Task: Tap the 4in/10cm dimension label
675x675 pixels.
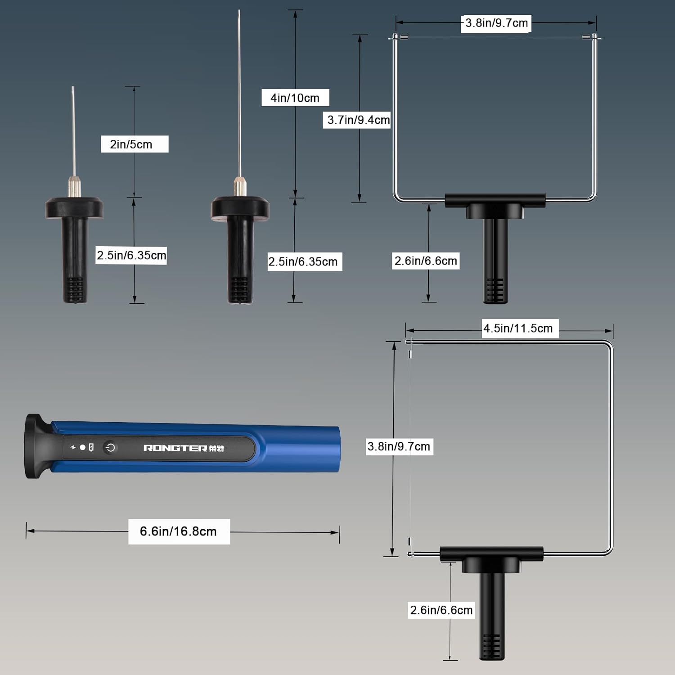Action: [295, 98]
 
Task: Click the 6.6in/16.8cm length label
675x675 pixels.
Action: [179, 531]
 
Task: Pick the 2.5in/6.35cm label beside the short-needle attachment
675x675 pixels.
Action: [131, 255]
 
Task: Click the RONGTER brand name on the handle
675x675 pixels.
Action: [175, 448]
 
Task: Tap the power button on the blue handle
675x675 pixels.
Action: [110, 447]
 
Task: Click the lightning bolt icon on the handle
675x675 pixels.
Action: [73, 447]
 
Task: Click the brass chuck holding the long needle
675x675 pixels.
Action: [240, 186]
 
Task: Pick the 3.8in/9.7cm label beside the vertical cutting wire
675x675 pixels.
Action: [399, 446]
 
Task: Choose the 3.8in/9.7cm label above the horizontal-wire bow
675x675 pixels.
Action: [496, 23]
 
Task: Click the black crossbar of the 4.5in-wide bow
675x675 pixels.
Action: [491, 553]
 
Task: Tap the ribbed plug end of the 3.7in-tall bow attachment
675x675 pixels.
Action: [495, 290]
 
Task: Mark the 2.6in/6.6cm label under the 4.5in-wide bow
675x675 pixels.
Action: [441, 610]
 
